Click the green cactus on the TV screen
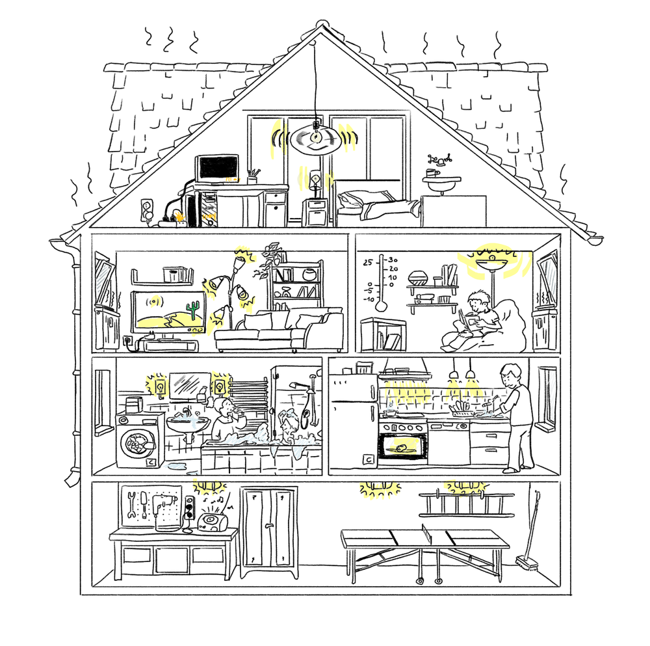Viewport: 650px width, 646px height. click(x=192, y=310)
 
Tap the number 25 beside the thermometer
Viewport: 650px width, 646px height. click(x=368, y=263)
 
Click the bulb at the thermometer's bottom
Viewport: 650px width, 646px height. click(x=381, y=306)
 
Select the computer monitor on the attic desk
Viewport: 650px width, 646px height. click(x=217, y=168)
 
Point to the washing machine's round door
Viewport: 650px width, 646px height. click(x=136, y=443)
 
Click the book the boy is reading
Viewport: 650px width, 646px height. click(x=469, y=321)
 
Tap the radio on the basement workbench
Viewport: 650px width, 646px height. click(x=212, y=522)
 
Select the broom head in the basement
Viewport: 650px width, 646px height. click(x=527, y=563)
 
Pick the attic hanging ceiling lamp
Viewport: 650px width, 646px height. click(x=316, y=139)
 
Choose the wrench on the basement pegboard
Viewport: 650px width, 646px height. click(x=132, y=504)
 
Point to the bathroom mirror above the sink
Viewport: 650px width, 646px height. click(x=190, y=385)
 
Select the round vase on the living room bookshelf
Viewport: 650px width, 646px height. click(x=309, y=275)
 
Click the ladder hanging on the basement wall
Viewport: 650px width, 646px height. click(x=466, y=505)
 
